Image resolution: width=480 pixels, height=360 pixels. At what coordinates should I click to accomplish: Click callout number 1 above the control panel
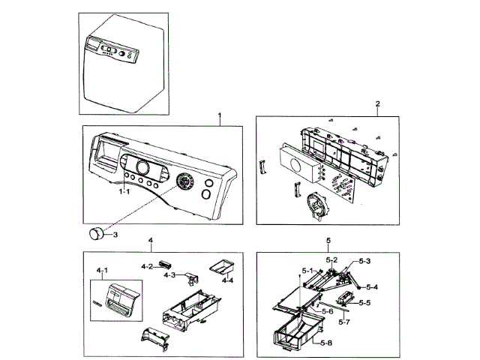coord(219,116)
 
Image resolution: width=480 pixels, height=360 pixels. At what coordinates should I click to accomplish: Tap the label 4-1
coord(102,270)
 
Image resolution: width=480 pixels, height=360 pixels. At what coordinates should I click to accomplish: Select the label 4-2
coord(147,266)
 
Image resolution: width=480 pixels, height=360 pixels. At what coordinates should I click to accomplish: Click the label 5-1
coord(307,270)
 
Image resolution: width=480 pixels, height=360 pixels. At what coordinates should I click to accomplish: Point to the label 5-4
coord(372,287)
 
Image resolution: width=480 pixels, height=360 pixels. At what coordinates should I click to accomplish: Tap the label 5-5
coord(365,303)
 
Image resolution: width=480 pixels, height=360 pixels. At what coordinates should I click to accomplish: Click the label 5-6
coord(327,311)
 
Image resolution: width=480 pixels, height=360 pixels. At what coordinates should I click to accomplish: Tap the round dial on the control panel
coord(184,183)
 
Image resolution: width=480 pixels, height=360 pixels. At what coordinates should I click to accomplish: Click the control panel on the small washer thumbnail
coord(112,52)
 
